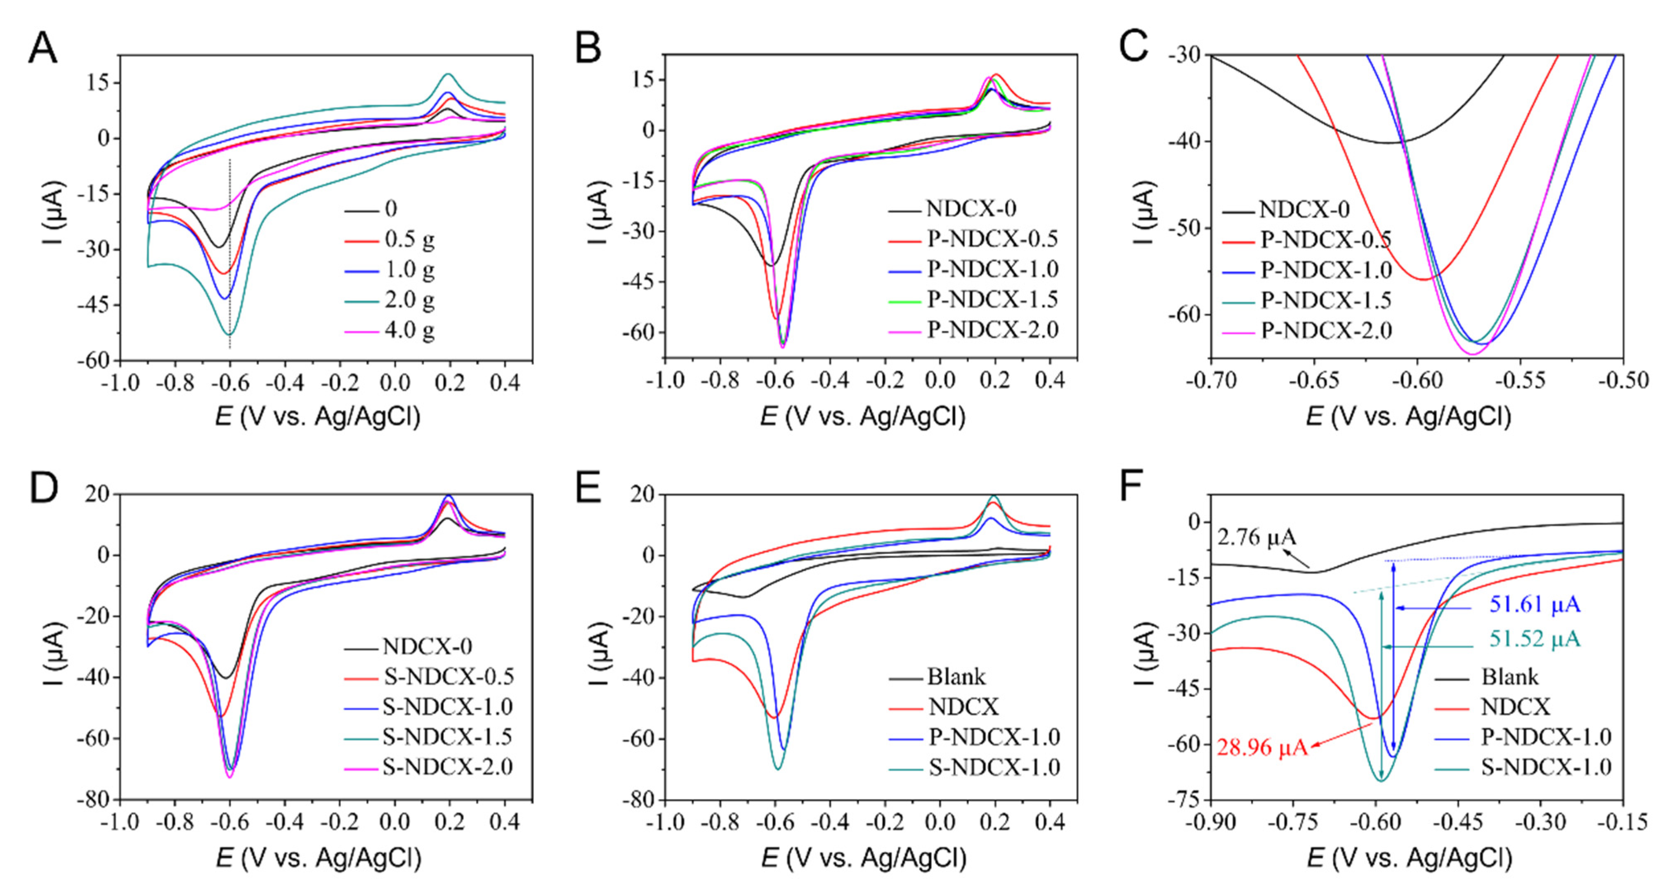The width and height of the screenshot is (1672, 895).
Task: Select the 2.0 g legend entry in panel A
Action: click(x=409, y=300)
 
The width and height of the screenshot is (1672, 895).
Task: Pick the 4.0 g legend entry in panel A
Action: click(x=409, y=331)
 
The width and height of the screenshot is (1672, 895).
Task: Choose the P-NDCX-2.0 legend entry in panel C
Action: click(x=1326, y=331)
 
